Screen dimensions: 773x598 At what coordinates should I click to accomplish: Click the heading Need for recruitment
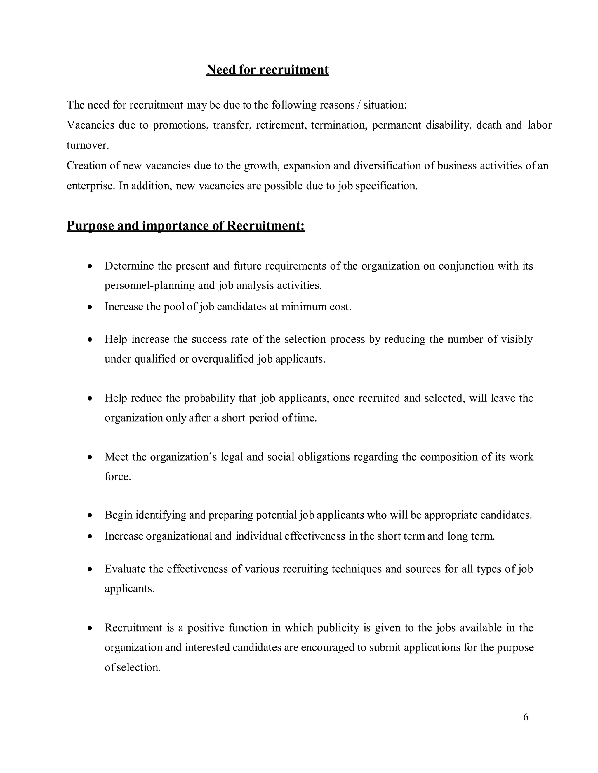pos(267,70)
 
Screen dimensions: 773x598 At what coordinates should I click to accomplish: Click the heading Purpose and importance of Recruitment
pos(186,226)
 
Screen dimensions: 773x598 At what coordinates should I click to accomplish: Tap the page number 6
pos(525,717)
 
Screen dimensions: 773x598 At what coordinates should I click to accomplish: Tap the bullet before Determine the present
pos(90,266)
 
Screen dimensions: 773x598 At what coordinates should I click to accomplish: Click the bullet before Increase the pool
pos(90,307)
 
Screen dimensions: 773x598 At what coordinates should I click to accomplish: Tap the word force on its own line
pos(117,477)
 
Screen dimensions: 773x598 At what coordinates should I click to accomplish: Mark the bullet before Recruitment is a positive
pos(90,628)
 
